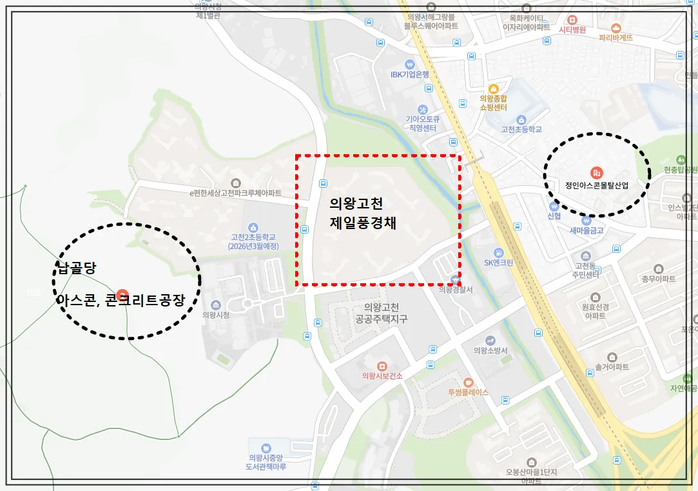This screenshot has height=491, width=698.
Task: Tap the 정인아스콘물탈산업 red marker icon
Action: point(596,172)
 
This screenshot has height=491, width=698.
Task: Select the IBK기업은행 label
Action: point(410,74)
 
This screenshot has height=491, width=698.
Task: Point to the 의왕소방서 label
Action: point(490,350)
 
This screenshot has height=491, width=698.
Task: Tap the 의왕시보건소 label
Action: point(382,376)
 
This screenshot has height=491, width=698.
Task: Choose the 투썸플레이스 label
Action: point(468,392)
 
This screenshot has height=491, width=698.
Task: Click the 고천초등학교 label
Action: point(521,129)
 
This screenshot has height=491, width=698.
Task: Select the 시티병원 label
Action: point(572,29)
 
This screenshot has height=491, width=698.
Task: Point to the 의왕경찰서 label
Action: point(456,290)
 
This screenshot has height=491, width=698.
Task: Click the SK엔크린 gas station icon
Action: point(499,252)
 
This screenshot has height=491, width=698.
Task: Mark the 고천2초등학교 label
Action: point(253,241)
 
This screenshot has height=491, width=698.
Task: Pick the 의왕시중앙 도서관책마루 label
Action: point(266,462)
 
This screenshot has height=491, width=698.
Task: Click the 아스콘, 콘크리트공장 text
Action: point(121,300)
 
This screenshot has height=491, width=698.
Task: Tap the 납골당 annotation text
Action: point(76,268)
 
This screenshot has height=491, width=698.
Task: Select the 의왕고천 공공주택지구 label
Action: point(381,313)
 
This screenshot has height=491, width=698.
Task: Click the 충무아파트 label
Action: point(658,279)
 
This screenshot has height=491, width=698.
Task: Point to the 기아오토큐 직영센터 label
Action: point(422,123)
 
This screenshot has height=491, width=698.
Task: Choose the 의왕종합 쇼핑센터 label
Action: point(494,103)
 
